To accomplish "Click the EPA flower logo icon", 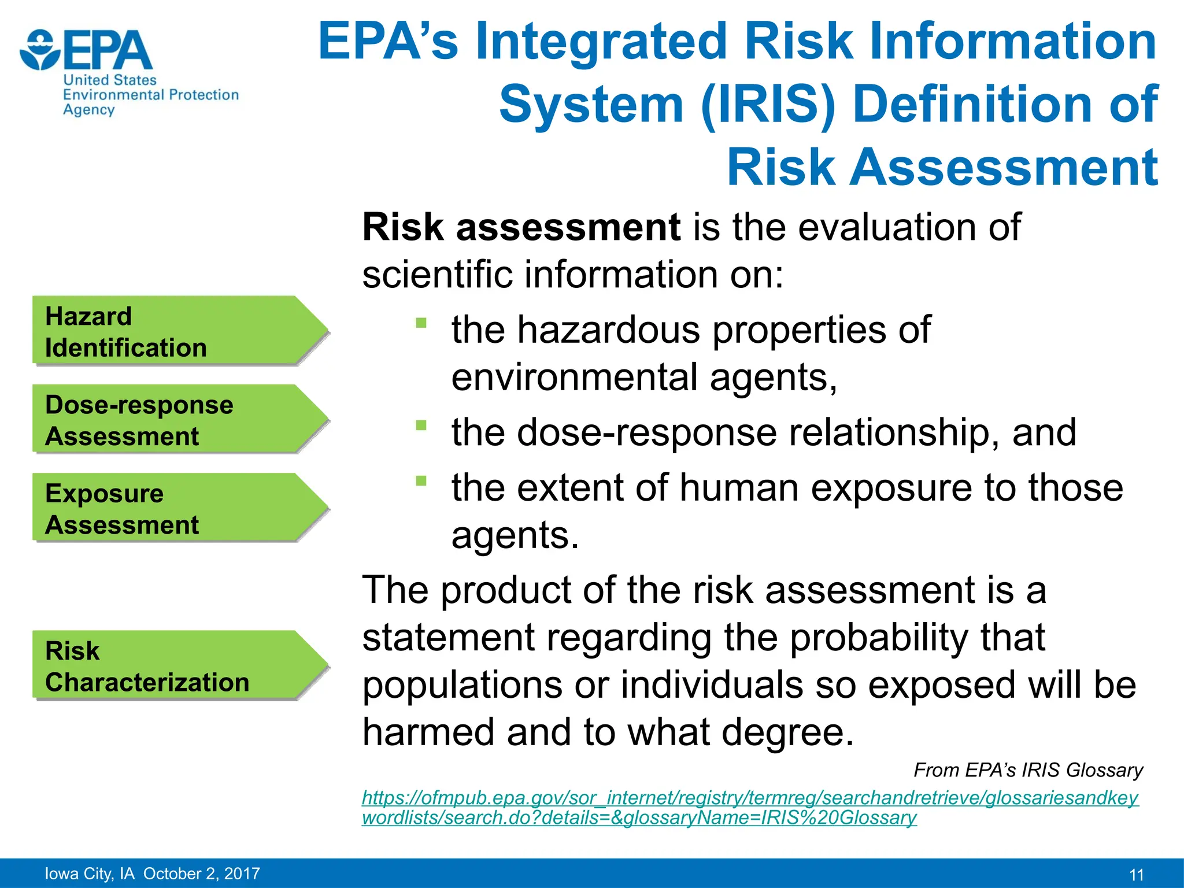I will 39,50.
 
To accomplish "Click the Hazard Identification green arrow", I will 173,331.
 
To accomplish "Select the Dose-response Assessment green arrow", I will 173,419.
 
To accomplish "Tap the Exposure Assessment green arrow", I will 173,508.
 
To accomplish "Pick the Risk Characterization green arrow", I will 173,665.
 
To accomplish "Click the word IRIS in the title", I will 768,105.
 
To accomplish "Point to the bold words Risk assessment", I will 520,227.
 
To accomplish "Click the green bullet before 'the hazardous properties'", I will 421,323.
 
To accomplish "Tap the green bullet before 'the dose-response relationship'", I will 421,425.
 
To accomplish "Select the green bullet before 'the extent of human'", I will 421,480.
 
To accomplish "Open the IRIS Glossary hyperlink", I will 749,808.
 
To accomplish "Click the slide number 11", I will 1136,875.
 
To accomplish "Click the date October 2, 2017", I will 202,874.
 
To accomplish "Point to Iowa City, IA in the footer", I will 90,874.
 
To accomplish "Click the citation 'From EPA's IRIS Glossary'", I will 1027,770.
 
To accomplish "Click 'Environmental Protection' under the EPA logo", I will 151,95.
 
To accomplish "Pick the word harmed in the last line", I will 428,732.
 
